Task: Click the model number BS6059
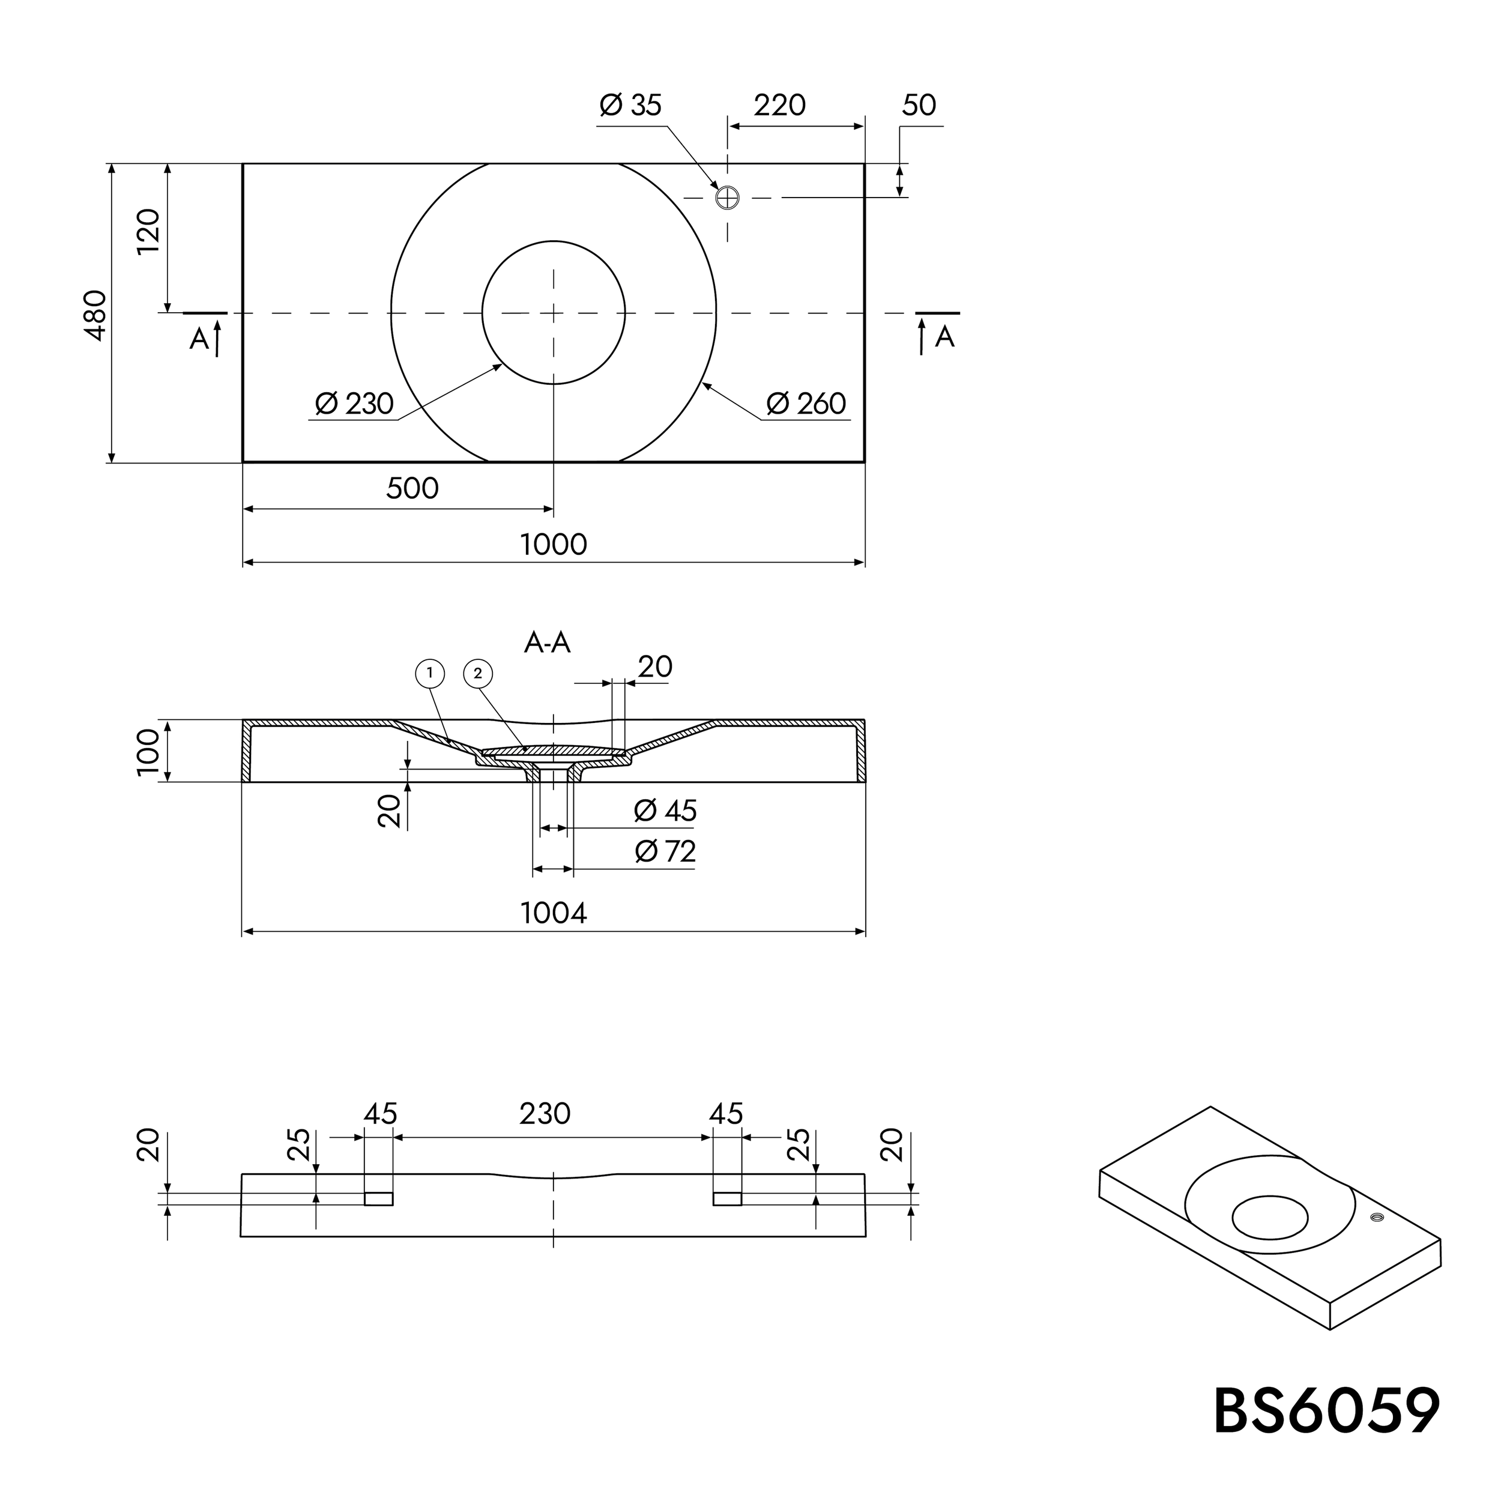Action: pos(1326,1411)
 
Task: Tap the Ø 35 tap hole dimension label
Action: pos(630,105)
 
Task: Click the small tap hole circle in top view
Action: pos(727,198)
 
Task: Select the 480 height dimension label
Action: pos(95,315)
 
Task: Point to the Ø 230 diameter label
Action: pos(354,404)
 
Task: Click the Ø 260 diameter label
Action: pos(806,404)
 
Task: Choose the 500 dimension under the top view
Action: pos(412,489)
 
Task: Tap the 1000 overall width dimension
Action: pos(553,545)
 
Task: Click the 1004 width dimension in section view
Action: pos(553,913)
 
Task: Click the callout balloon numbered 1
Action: pos(430,674)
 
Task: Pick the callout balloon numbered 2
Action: pos(478,674)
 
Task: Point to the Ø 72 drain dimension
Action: pos(665,851)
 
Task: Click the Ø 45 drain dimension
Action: pos(665,811)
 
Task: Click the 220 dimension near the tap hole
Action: pos(779,105)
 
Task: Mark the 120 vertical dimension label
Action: pos(148,231)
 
